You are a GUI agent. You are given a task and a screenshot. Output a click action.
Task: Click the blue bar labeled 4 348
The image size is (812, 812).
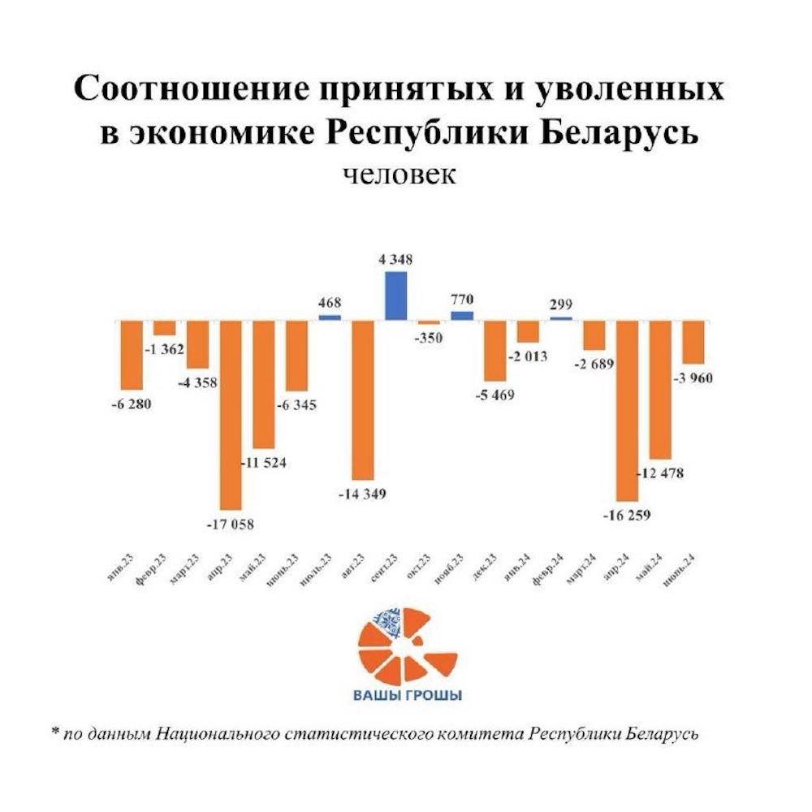click(395, 296)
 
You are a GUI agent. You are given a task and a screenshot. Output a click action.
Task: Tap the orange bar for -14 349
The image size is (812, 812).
click(363, 400)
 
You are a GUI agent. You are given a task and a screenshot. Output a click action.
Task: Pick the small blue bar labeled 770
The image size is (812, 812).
click(461, 315)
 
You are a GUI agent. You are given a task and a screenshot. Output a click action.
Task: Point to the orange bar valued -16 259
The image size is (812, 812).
click(627, 410)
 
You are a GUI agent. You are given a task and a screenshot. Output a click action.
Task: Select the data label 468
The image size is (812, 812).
click(330, 302)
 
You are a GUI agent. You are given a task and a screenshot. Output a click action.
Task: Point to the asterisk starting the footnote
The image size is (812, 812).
click(55, 732)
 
